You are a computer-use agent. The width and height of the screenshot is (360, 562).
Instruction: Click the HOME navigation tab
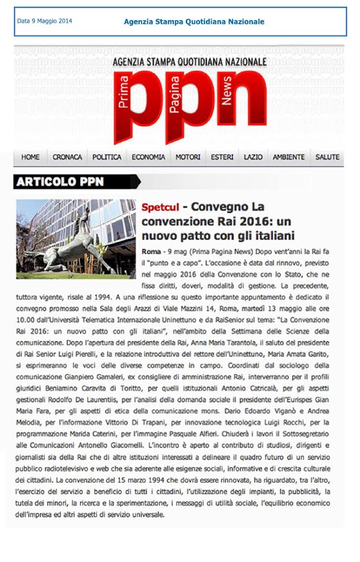click(x=30, y=158)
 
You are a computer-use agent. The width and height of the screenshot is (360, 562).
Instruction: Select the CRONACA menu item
click(x=67, y=158)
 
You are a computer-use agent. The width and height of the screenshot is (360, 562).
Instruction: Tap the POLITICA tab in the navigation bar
click(x=106, y=158)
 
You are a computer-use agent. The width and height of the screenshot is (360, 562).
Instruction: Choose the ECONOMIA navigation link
click(x=148, y=158)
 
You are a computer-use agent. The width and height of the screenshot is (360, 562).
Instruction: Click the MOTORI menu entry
click(x=188, y=158)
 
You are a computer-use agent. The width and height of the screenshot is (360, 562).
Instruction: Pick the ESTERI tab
click(x=222, y=158)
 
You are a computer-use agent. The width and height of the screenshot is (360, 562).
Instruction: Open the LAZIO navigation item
click(x=253, y=158)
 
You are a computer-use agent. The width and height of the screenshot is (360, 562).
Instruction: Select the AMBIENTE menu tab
click(x=288, y=158)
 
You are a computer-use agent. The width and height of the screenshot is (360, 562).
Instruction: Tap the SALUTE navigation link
click(x=327, y=158)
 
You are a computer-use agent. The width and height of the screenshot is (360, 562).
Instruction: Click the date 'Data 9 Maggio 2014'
click(x=45, y=22)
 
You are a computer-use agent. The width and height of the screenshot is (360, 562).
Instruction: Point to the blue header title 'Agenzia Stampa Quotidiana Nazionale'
click(x=194, y=22)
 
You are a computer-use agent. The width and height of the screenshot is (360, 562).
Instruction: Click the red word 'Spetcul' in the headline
click(x=160, y=208)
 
